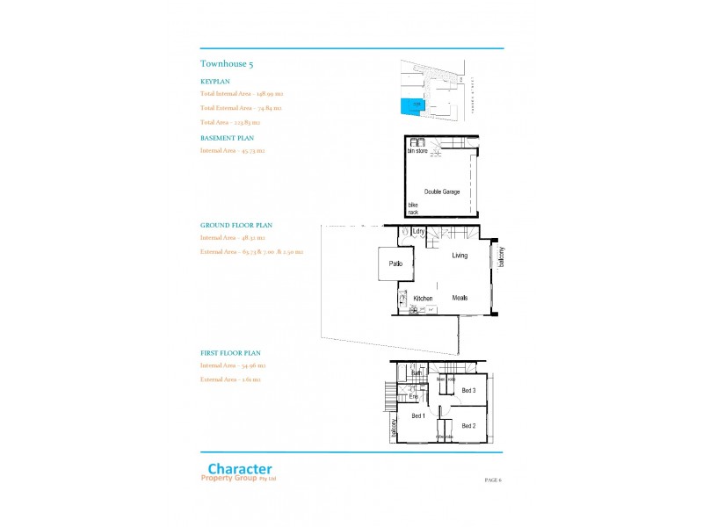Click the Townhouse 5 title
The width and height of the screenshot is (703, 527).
pos(228,63)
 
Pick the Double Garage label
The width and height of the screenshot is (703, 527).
pos(442,191)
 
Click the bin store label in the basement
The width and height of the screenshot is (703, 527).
pos(417,151)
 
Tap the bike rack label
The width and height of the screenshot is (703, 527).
pos(412,208)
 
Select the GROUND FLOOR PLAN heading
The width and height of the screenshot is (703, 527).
pos(235,225)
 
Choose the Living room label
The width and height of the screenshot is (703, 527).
pos(460,256)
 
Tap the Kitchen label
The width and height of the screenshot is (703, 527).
pos(424,299)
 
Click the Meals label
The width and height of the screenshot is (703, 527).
pos(460,298)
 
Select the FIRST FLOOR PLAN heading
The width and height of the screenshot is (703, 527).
pos(230,352)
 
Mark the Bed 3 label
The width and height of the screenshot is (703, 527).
pos(468,390)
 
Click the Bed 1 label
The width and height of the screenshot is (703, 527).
pos(418,416)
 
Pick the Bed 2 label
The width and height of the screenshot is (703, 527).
pos(468,426)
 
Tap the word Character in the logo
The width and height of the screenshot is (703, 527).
pos(239,470)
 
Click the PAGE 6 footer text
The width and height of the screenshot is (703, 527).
pos(492,480)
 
